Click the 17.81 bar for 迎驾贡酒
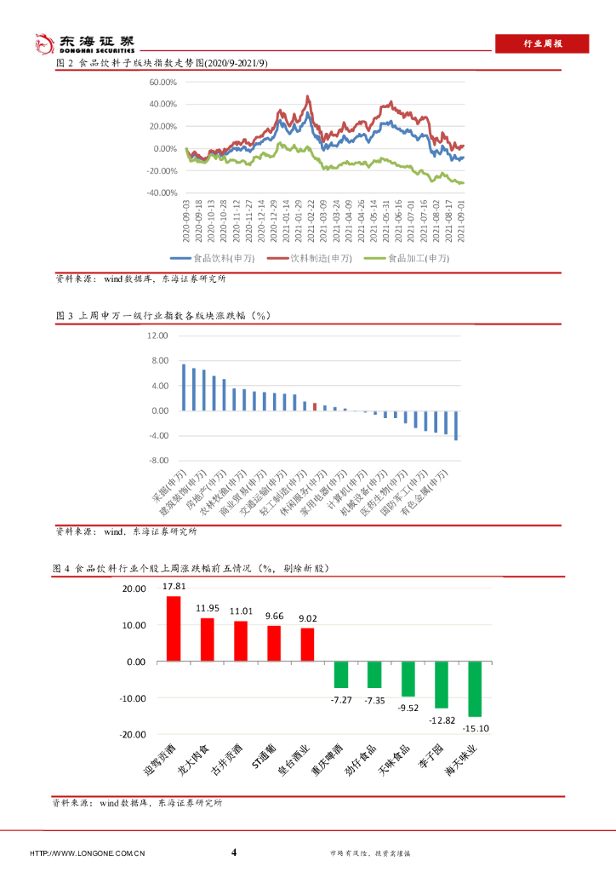tap(174, 628)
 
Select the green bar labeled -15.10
tap(475, 688)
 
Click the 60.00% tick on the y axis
tap(162, 83)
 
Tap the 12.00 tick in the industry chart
tap(158, 336)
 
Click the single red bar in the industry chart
tap(315, 406)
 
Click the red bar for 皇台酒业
tap(307, 645)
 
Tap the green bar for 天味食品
tap(408, 679)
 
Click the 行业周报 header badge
tap(541, 44)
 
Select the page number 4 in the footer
tap(234, 852)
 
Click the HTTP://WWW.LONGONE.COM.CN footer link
tap(88, 853)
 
